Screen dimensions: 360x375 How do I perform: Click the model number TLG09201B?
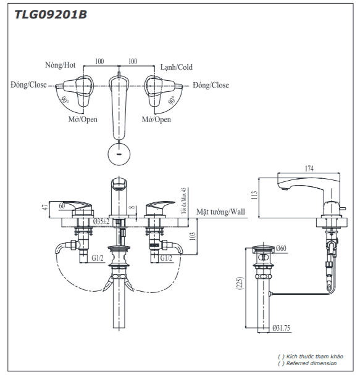(51, 15)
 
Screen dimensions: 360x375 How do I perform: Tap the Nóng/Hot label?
(61, 65)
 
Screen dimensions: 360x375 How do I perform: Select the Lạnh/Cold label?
(177, 67)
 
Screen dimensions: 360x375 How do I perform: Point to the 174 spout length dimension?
(309, 168)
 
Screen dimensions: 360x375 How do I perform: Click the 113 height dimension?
(254, 195)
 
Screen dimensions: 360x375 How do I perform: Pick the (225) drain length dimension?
(240, 283)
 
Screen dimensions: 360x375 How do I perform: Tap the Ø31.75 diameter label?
(281, 328)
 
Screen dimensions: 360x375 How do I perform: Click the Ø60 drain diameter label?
(281, 249)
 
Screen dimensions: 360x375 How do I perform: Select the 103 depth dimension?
(193, 236)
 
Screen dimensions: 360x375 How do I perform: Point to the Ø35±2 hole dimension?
(101, 221)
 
